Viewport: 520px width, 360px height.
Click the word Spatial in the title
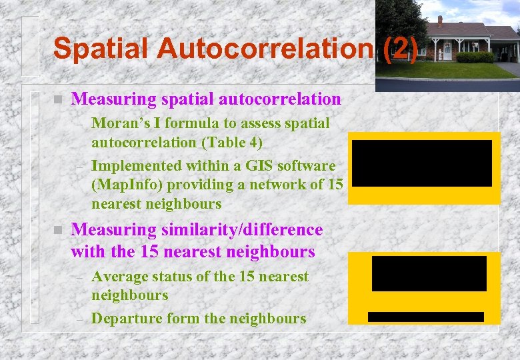click(x=93, y=49)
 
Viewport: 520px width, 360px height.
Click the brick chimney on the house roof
click(x=439, y=21)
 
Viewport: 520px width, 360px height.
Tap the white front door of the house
click(x=447, y=50)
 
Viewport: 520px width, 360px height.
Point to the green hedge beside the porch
click(x=475, y=57)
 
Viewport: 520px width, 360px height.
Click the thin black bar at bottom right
click(x=425, y=317)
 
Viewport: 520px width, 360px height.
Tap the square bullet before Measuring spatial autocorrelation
click(x=58, y=99)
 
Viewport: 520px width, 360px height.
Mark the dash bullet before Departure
click(x=79, y=319)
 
